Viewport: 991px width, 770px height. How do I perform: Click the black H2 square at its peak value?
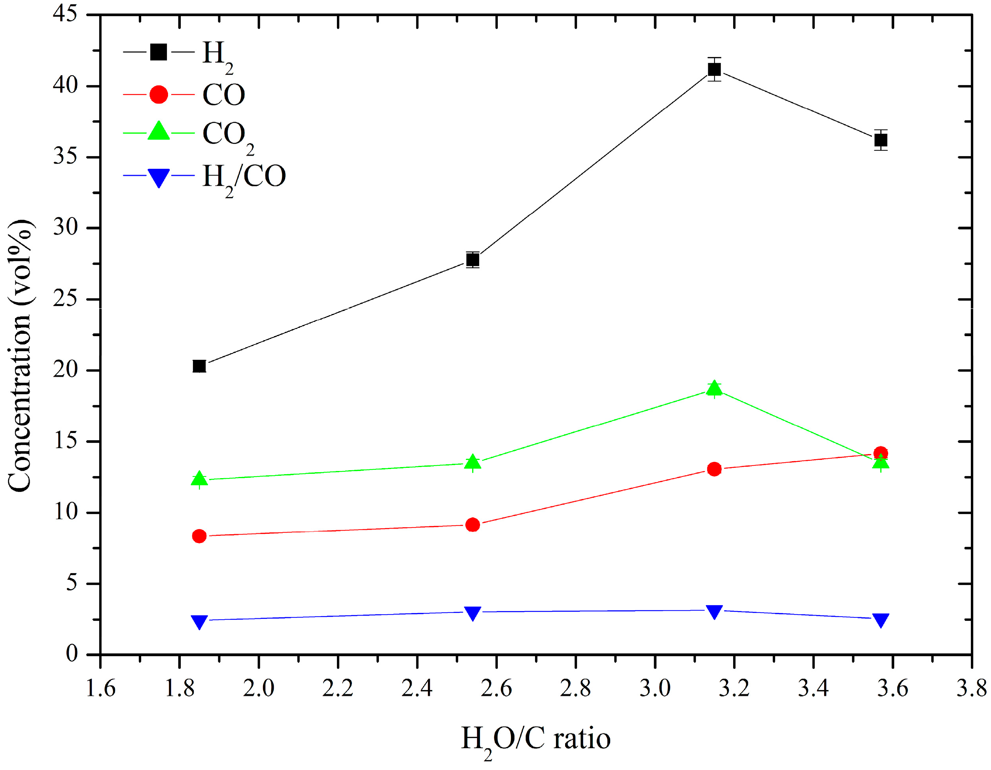click(714, 70)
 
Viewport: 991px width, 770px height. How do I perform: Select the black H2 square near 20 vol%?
click(199, 366)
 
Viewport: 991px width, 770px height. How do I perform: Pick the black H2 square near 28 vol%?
click(472, 259)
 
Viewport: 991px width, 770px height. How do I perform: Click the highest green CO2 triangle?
click(714, 388)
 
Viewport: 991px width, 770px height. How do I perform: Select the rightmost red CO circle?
click(880, 453)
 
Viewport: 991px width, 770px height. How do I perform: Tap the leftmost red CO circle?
click(199, 536)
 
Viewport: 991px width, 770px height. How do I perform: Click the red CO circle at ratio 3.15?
click(714, 469)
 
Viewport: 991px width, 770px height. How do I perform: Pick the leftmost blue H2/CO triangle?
click(199, 621)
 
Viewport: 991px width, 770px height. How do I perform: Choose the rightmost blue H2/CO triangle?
click(880, 619)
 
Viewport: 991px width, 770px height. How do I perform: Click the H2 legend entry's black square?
click(158, 52)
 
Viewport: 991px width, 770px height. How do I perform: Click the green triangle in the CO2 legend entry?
click(158, 132)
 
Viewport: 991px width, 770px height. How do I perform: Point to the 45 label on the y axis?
click(65, 13)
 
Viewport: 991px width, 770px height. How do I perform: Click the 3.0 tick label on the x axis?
click(655, 688)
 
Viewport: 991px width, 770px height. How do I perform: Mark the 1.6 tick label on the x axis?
click(100, 688)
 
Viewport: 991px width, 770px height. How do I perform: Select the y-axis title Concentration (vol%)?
click(21, 356)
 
